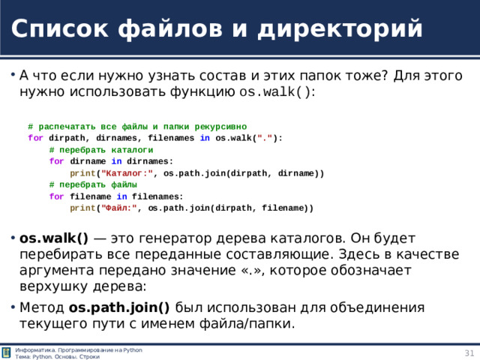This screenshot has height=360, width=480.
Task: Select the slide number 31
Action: (x=469, y=353)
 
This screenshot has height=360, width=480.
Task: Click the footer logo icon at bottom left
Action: (x=7, y=353)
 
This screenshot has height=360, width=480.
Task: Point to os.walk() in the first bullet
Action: (x=274, y=93)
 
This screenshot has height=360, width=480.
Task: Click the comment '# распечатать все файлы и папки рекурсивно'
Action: (x=137, y=127)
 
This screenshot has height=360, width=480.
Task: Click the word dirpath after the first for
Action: (x=67, y=138)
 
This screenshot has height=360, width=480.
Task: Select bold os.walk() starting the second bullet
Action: (x=54, y=238)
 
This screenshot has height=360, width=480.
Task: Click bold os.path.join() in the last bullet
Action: (x=119, y=307)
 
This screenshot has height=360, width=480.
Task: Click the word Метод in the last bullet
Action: (x=42, y=307)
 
